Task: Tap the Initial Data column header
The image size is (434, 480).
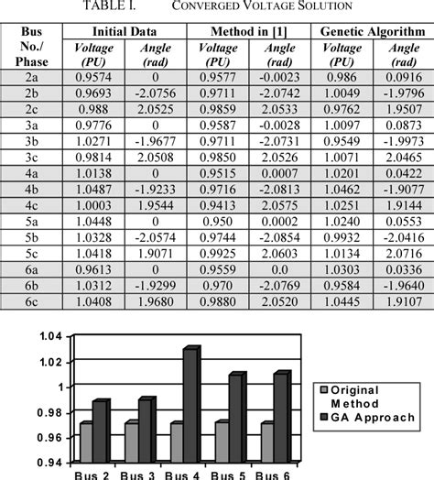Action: point(121,30)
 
